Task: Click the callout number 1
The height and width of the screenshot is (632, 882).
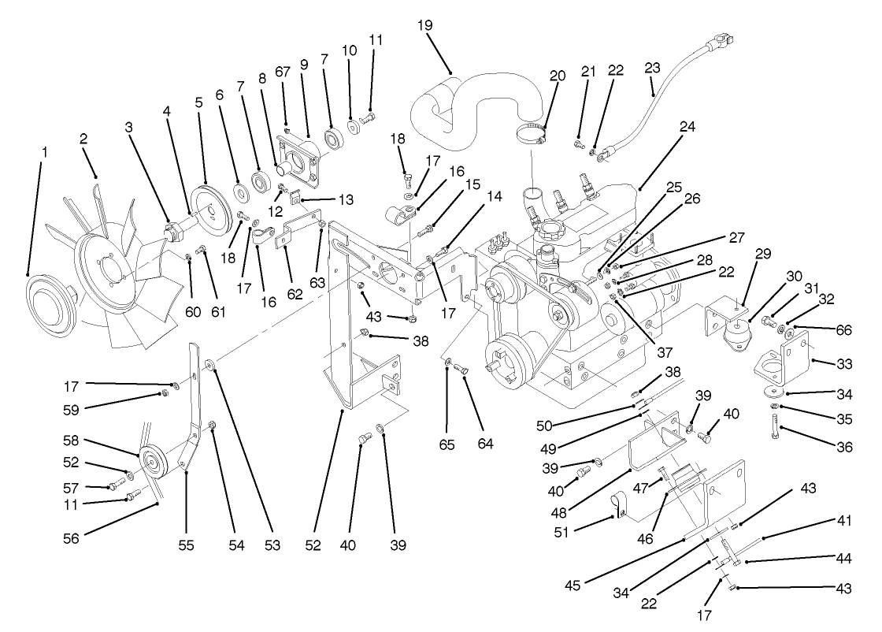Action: tap(44, 150)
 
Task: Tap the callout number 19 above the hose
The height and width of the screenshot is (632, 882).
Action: tap(424, 24)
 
